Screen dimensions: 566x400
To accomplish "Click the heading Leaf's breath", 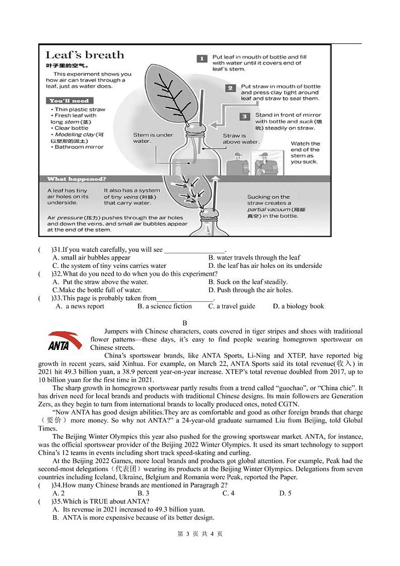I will (x=85, y=55).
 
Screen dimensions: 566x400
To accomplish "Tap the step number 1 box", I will (x=201, y=59).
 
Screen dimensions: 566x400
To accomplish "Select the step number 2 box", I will (x=230, y=88).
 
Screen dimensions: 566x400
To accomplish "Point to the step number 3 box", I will (x=244, y=116).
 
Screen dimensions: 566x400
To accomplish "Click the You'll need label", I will (x=69, y=101).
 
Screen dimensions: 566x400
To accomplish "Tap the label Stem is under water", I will (x=153, y=138).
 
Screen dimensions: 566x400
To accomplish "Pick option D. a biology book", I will (x=298, y=306).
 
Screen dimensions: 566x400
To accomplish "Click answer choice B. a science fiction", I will (x=165, y=306).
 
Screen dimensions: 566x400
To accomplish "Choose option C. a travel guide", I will (x=232, y=306).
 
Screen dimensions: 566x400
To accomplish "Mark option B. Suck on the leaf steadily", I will (x=248, y=282).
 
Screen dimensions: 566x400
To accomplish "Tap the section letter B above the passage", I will (x=185, y=323).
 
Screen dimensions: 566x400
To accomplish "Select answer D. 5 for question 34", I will (x=285, y=493).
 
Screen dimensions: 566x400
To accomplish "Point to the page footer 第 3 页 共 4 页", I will (x=200, y=534).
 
